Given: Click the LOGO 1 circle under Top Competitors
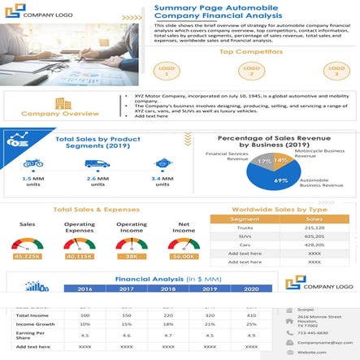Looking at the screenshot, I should (x=167, y=71).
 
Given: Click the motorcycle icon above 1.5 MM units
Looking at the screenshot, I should (x=33, y=163).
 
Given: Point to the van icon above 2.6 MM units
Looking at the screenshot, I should (x=97, y=163).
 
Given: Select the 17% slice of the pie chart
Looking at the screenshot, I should (x=264, y=163).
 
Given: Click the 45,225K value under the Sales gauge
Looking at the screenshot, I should (x=28, y=256).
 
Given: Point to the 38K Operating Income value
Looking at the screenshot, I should (x=132, y=256).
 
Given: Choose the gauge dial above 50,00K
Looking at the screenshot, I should (x=184, y=243).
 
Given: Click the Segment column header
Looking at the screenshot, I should (x=245, y=219).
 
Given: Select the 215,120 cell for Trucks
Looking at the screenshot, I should (x=314, y=228).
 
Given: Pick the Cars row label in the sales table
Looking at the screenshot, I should (x=245, y=245).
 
